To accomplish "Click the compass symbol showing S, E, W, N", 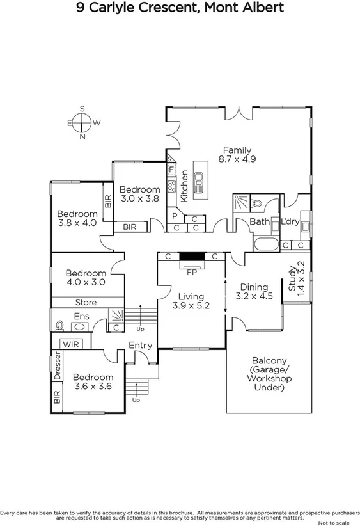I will pos(82,122).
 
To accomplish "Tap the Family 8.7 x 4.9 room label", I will pos(237,155).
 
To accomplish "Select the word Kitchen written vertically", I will pos(184,186).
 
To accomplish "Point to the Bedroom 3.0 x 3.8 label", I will pos(139,194).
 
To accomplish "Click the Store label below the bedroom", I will pos(86,302).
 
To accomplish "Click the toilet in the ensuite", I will pos(60,324).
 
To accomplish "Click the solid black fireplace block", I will pos(191,257).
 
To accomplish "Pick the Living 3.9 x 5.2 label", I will pos(191,301).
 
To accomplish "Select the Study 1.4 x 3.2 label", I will pos(296,276).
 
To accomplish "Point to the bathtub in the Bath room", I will pos(264,244).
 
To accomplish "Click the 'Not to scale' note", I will pos(336,522).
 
